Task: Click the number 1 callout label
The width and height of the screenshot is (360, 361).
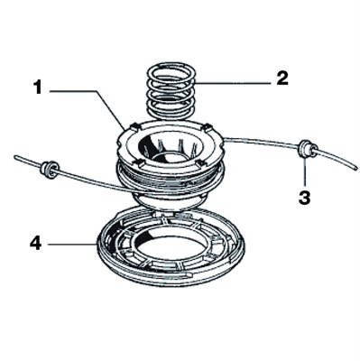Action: [x=39, y=88]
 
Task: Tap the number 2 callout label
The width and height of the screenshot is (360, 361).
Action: [x=282, y=78]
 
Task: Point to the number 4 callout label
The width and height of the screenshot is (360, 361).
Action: [x=35, y=244]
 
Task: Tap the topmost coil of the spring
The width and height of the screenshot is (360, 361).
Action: [x=171, y=66]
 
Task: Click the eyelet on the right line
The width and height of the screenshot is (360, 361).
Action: [x=305, y=146]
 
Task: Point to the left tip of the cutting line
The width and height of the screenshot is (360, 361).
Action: [x=17, y=158]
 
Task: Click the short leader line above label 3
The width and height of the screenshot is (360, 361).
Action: [x=305, y=171]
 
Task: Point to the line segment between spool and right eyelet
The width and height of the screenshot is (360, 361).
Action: [x=262, y=141]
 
